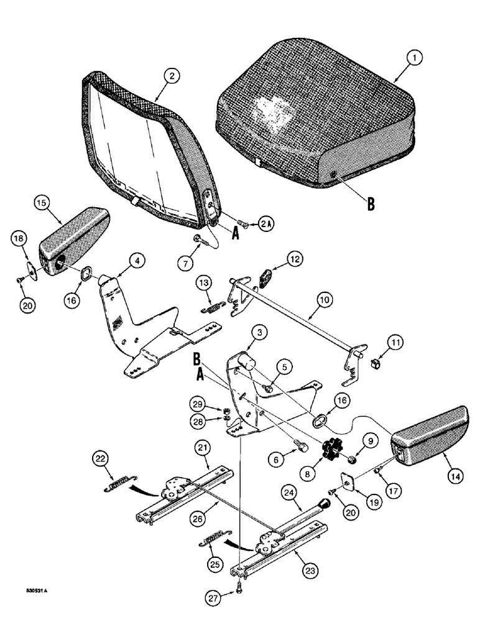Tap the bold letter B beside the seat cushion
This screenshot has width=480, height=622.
tap(371, 204)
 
